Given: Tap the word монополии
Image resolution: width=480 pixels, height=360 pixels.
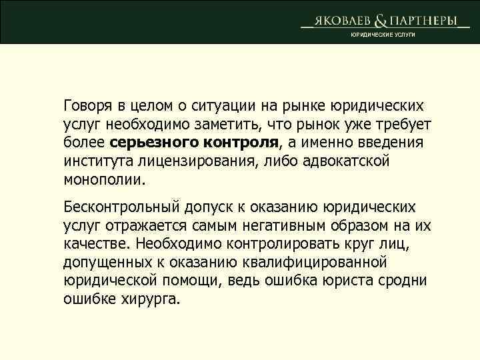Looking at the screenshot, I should click(103, 179).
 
